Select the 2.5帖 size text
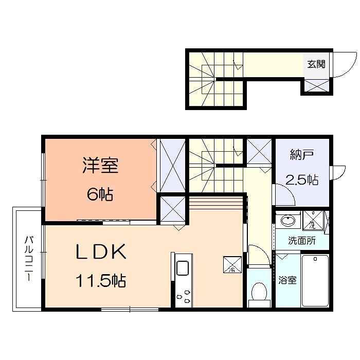click(301, 179)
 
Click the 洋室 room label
click(100, 167)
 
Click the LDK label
click(101, 253)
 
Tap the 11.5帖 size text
click(101, 281)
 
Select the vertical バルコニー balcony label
click(29, 258)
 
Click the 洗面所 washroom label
click(301, 240)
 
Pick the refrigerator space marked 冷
click(230, 264)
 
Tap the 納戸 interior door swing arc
click(284, 194)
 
